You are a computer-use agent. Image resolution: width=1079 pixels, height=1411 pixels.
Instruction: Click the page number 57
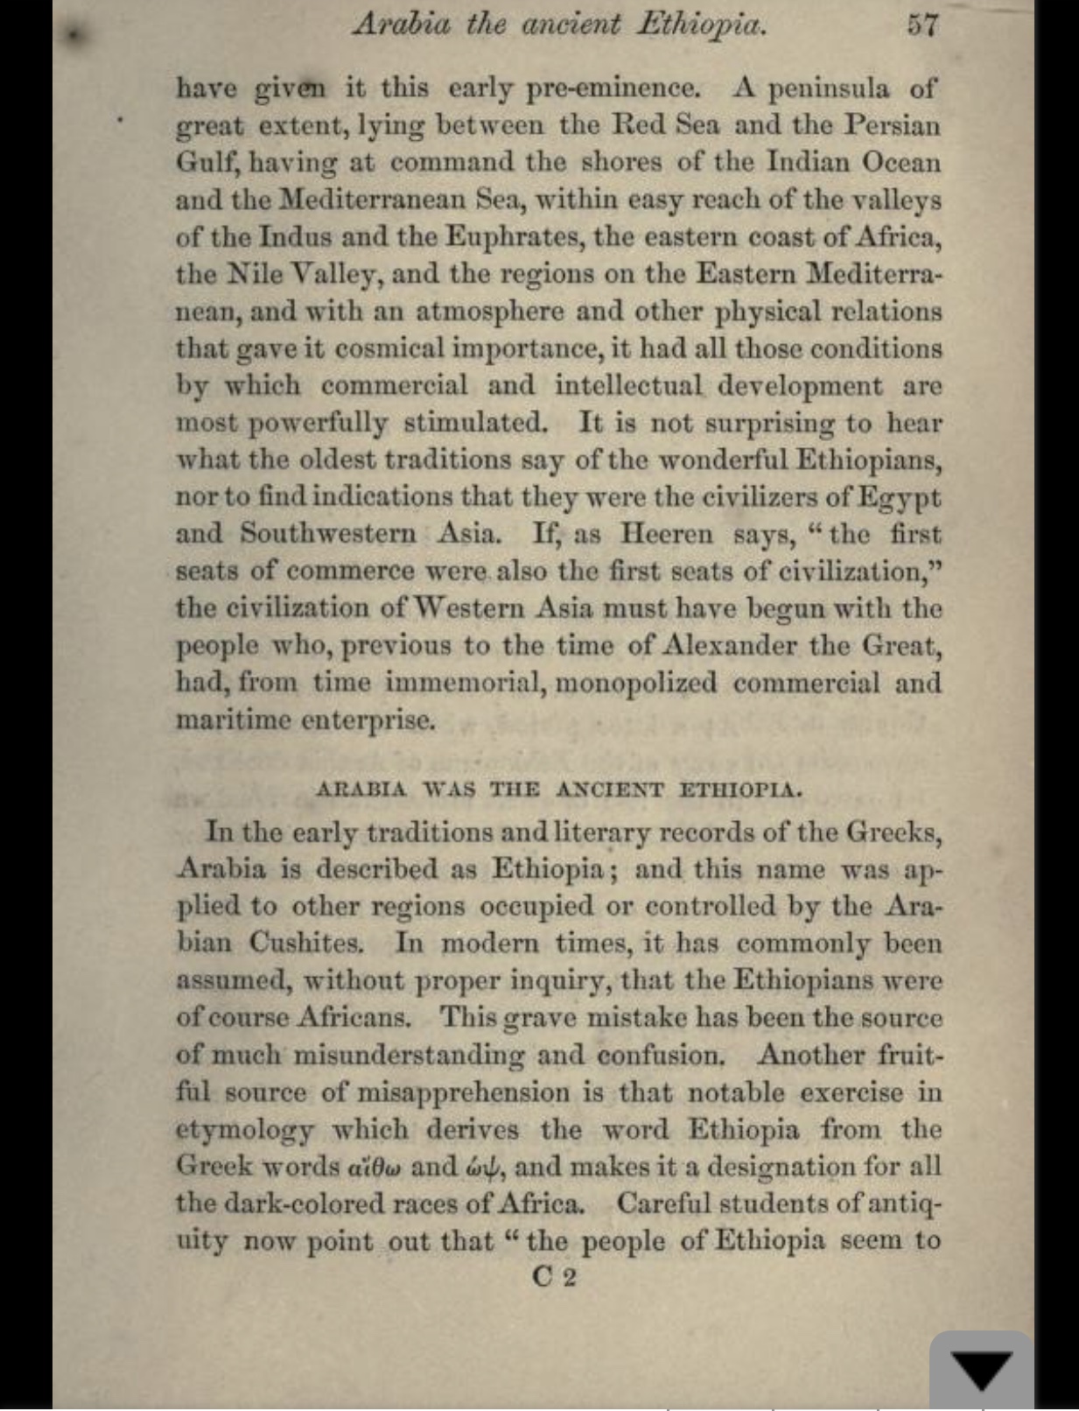pos(922,24)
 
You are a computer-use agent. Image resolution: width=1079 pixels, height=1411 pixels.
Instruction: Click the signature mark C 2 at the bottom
pos(554,1277)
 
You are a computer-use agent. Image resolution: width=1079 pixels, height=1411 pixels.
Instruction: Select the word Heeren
pos(667,533)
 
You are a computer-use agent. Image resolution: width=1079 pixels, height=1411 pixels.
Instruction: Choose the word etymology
pos(244,1130)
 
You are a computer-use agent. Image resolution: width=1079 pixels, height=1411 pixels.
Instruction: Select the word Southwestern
pos(328,533)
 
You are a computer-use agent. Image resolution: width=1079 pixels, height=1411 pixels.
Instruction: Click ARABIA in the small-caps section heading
pos(361,790)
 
